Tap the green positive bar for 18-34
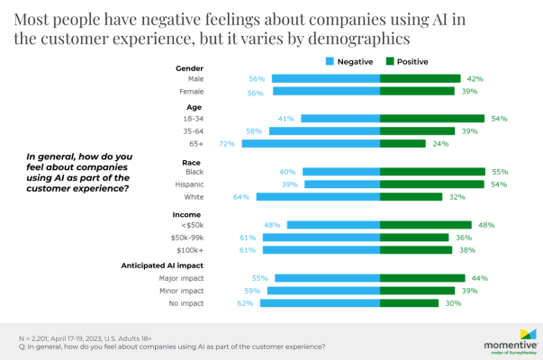pyautogui.click(x=432, y=118)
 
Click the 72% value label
pyautogui.click(x=227, y=143)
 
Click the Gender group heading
pyautogui.click(x=189, y=67)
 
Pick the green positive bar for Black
pyautogui.click(x=433, y=171)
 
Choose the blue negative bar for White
pyautogui.click(x=318, y=196)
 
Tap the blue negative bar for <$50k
pyautogui.click(x=335, y=225)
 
